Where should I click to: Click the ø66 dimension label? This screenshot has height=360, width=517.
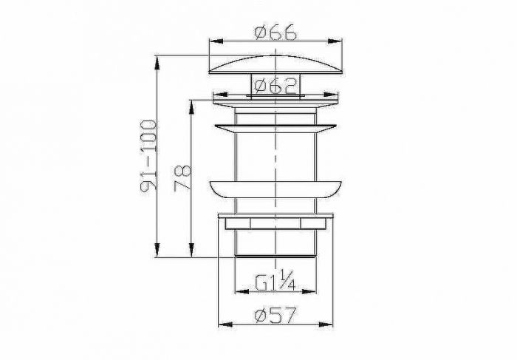[x=275, y=33]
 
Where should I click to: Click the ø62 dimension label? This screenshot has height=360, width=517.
[x=276, y=86]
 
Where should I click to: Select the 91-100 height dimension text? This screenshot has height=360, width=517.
[x=148, y=156]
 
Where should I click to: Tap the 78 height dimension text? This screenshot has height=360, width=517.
[x=182, y=177]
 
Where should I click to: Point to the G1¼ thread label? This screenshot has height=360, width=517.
[x=275, y=280]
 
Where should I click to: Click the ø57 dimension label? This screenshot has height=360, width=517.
[x=275, y=316]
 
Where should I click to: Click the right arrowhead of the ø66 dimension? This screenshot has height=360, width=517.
[x=335, y=41]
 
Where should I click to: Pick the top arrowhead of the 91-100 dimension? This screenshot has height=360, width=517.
[x=157, y=63]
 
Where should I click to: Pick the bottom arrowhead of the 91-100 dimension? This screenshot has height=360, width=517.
[x=157, y=250]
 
